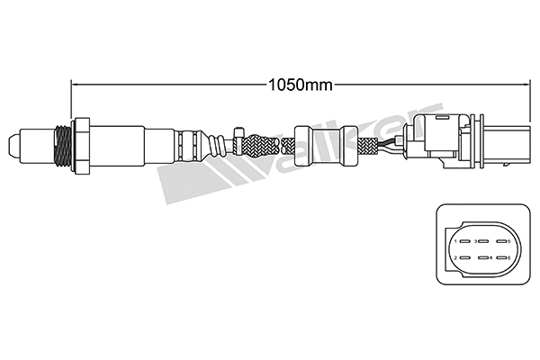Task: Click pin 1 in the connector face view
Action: (x=459, y=241)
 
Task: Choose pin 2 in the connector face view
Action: (x=459, y=258)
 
